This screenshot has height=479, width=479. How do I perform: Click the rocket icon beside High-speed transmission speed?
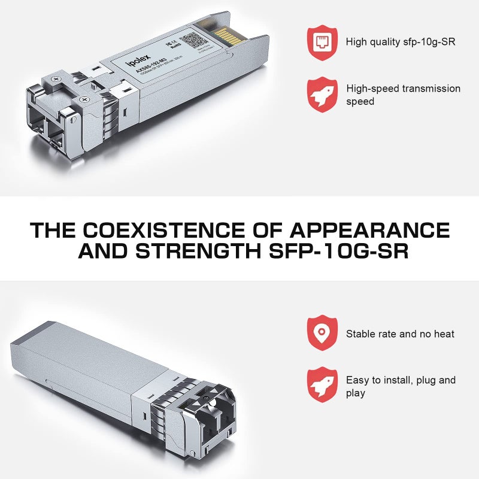click(x=322, y=95)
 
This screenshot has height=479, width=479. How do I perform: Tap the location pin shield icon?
click(x=322, y=333)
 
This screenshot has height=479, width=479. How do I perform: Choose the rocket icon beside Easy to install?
click(x=322, y=386)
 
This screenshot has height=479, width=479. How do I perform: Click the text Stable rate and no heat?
click(x=400, y=334)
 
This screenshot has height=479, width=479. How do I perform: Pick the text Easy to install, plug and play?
click(x=401, y=386)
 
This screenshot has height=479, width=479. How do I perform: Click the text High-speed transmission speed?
click(x=403, y=95)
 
